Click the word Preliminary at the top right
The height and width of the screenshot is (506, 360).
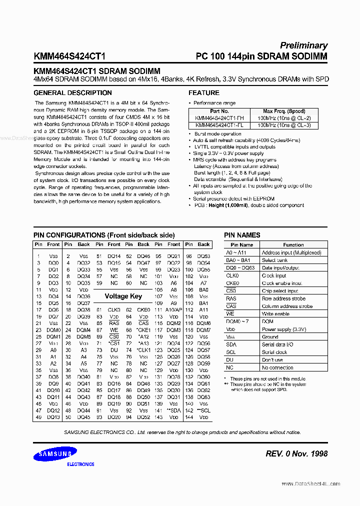pyautogui.click(x=303, y=45)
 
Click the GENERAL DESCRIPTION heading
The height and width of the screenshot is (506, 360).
pyautogui.click(x=72, y=93)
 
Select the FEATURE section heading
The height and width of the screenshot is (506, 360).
pyautogui.click(x=203, y=93)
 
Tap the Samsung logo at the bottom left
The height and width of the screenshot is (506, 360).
pyautogui.click(x=55, y=454)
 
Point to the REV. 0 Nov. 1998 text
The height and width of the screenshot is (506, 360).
pyautogui.click(x=297, y=453)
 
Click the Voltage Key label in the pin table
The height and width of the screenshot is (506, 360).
pyautogui.click(x=123, y=296)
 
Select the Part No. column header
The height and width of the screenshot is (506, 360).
pyautogui.click(x=219, y=111)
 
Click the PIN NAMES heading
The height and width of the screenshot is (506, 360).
pyautogui.click(x=242, y=235)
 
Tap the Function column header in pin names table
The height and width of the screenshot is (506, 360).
pyautogui.click(x=293, y=245)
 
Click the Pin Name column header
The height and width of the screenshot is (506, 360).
pyautogui.click(x=242, y=245)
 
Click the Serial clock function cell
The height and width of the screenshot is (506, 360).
pyautogui.click(x=274, y=352)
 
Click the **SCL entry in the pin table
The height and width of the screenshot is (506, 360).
pyautogui.click(x=203, y=410)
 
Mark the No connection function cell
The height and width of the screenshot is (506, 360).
pyautogui.click(x=277, y=367)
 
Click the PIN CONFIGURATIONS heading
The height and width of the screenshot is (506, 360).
pyautogui.click(x=104, y=235)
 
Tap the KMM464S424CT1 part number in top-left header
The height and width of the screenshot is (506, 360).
pyautogui.click(x=69, y=56)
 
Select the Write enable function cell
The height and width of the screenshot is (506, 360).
pyautogui.click(x=275, y=314)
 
